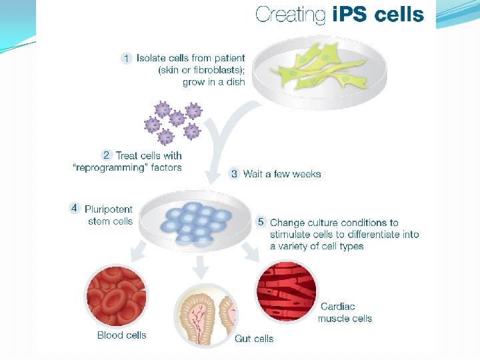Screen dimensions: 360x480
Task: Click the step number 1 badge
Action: point(126,59)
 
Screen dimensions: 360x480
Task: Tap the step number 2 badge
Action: point(107,155)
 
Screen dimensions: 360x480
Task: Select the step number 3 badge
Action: point(234,174)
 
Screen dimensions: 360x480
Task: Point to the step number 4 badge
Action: point(74,208)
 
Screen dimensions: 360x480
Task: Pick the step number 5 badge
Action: point(261,222)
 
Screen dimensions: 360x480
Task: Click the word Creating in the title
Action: point(291,15)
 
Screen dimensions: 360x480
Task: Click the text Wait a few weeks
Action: point(282,174)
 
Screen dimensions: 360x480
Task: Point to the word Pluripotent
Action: point(109,209)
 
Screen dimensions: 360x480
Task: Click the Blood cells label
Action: point(121,335)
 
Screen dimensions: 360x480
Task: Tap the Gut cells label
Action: point(254,339)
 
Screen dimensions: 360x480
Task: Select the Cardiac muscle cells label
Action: point(345,313)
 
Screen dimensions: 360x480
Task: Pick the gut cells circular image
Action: point(205,315)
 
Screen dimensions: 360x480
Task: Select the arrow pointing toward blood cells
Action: point(138,253)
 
